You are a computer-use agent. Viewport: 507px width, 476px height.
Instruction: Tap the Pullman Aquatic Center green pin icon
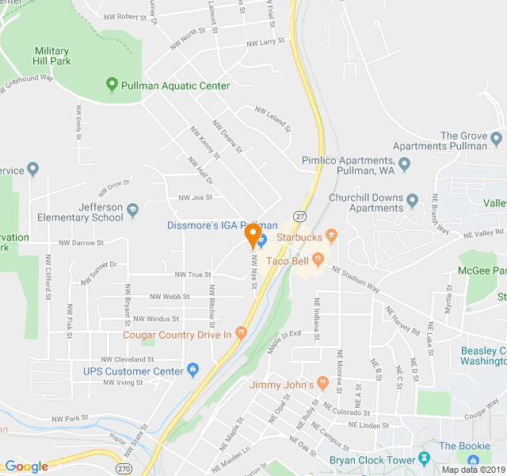click(x=112, y=84)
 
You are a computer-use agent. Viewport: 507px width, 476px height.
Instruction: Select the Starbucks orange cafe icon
click(x=332, y=235)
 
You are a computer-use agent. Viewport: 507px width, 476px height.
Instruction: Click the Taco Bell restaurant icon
click(x=318, y=258)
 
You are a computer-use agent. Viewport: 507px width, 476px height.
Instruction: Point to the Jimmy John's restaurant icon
click(x=322, y=384)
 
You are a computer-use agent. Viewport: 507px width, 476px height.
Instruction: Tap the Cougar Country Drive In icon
click(x=241, y=334)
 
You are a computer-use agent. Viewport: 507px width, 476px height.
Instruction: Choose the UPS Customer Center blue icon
click(x=193, y=370)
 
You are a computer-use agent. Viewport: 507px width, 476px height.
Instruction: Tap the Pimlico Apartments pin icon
click(x=404, y=164)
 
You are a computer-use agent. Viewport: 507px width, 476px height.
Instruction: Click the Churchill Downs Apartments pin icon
click(x=411, y=198)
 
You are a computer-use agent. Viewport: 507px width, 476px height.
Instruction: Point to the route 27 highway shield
click(x=299, y=216)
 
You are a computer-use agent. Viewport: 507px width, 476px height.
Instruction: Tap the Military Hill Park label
click(x=51, y=56)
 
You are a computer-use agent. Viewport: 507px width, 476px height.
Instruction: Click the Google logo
click(x=27, y=466)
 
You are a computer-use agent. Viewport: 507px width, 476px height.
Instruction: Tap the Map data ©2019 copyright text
click(x=472, y=469)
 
